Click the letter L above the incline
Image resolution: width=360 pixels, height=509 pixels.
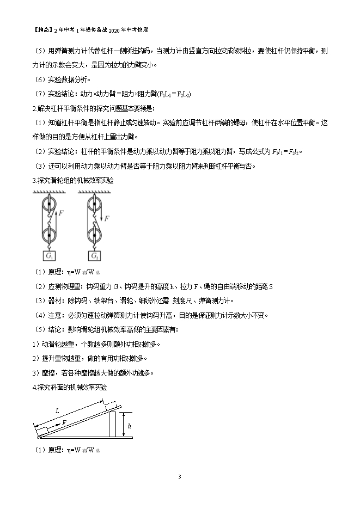(x=58, y=411)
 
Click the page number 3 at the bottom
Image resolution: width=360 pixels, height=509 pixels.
(x=180, y=477)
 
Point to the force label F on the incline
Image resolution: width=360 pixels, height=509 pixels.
(x=64, y=422)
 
